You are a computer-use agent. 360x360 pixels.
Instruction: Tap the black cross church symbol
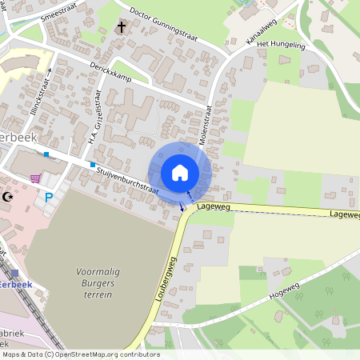tap(122, 28)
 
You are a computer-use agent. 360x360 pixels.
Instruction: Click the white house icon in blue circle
tap(180, 173)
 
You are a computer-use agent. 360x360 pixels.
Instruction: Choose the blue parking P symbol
tap(49, 198)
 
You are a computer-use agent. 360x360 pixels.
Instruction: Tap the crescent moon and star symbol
tap(9, 197)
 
